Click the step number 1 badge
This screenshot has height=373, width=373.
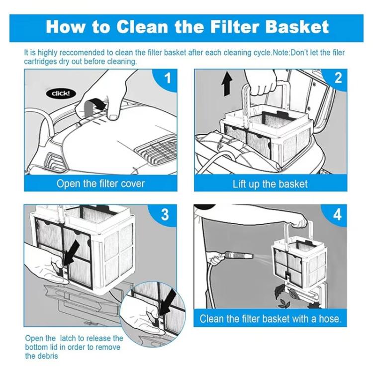click(168, 78)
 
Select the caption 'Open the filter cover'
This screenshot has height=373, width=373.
click(100, 184)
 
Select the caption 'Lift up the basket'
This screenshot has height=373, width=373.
click(270, 184)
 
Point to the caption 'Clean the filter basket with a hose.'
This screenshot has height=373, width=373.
click(271, 319)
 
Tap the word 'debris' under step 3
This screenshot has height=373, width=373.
click(50, 356)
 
